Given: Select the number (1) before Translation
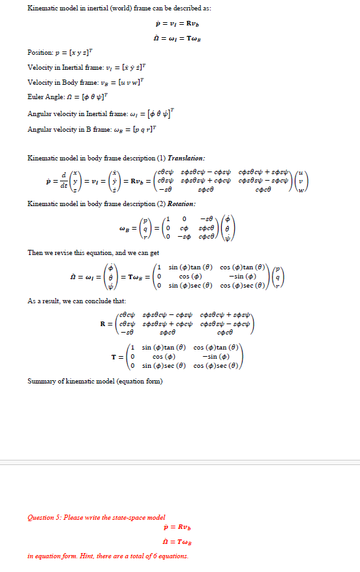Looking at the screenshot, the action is pos(158,158).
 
